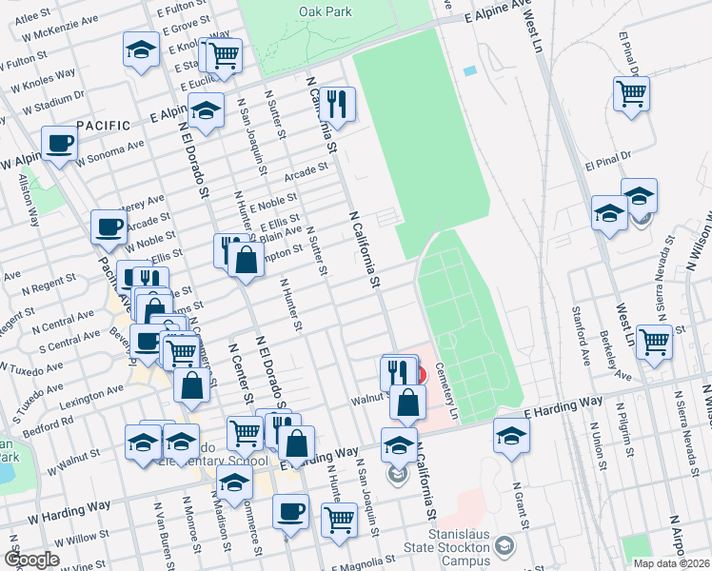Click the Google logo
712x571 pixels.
click(x=31, y=560)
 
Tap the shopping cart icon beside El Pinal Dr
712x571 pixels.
click(x=631, y=92)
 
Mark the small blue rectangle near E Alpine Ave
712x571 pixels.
click(x=469, y=70)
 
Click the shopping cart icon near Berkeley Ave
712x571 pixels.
click(x=655, y=340)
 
